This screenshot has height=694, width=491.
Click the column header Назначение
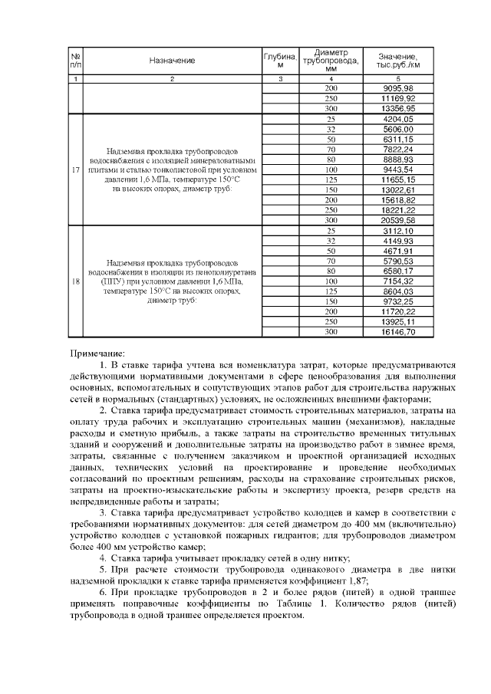click(x=172, y=60)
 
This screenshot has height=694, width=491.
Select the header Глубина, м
click(x=280, y=60)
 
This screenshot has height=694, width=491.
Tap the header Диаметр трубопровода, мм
click(x=331, y=59)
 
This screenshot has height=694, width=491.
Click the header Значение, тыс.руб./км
click(x=399, y=60)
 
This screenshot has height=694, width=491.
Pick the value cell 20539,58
click(x=399, y=220)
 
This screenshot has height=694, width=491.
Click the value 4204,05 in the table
click(x=399, y=119)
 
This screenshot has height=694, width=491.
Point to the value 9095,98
click(x=399, y=88)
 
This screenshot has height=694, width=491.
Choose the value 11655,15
click(x=399, y=179)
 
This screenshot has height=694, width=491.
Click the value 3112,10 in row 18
click(x=399, y=230)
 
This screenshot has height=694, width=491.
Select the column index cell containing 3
click(x=280, y=79)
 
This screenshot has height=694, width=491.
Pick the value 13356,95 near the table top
click(x=399, y=109)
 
